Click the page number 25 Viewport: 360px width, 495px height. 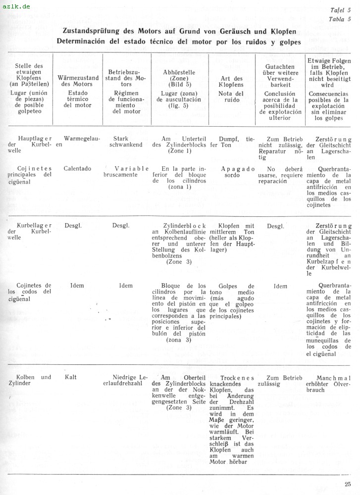pyautogui.click(x=348, y=484)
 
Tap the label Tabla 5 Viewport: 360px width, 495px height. pyautogui.click(x=340, y=19)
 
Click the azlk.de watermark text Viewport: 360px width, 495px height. pyautogui.click(x=16, y=6)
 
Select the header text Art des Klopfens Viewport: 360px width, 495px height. pyautogui.click(x=231, y=82)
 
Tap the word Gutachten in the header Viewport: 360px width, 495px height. pyautogui.click(x=280, y=66)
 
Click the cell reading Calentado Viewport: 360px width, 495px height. pyautogui.click(x=77, y=168)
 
